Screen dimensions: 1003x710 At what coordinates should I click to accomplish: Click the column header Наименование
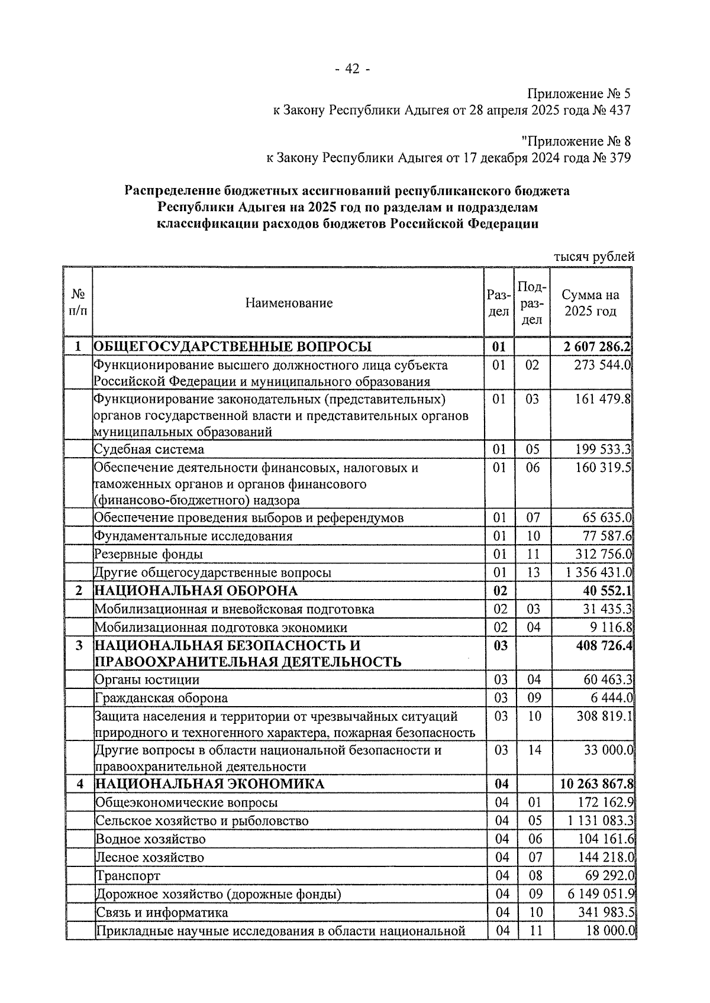click(289, 303)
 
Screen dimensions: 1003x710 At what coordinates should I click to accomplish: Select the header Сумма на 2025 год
click(590, 303)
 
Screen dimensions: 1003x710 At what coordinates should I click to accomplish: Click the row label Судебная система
click(149, 449)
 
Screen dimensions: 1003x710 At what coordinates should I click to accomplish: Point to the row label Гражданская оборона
click(161, 698)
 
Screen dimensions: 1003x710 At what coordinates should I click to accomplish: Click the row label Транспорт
click(128, 876)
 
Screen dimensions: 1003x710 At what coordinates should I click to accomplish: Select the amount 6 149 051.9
click(601, 894)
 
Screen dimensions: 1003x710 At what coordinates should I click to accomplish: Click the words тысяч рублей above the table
click(594, 257)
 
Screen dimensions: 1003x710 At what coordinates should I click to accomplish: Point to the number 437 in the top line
click(619, 110)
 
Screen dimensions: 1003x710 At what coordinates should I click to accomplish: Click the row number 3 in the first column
click(79, 646)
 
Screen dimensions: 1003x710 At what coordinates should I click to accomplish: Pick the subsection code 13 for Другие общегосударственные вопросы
click(533, 572)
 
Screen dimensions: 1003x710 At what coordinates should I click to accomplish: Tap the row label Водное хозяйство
click(151, 839)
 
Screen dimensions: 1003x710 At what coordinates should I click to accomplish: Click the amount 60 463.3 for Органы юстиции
click(607, 680)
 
